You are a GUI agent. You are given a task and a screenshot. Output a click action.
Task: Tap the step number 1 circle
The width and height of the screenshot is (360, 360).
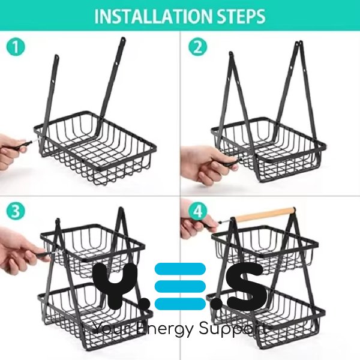pyautogui.click(x=16, y=47)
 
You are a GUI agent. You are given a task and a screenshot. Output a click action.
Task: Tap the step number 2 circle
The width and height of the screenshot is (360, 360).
pyautogui.click(x=197, y=47)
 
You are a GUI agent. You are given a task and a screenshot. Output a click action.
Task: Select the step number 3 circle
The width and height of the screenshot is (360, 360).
pyautogui.click(x=16, y=211)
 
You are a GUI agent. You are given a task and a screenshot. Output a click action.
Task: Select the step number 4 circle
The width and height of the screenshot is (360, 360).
pyautogui.click(x=197, y=211)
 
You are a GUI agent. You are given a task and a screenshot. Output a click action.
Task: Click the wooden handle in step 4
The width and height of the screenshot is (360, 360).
pyautogui.click(x=265, y=214)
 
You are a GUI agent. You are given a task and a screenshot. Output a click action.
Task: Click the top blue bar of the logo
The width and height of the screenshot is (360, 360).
pyautogui.click(x=180, y=269)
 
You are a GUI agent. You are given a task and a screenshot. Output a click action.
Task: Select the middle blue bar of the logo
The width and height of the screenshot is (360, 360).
pyautogui.click(x=180, y=286)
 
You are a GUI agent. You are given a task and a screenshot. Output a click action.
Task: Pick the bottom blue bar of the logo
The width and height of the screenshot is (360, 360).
pyautogui.click(x=180, y=304)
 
